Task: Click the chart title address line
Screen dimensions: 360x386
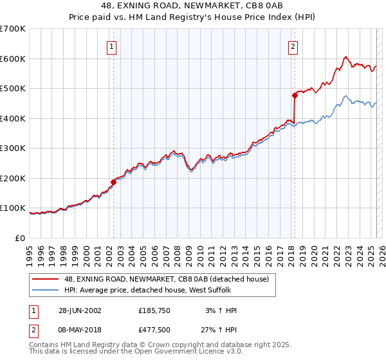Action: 193,5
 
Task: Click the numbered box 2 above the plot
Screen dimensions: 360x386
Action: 293,46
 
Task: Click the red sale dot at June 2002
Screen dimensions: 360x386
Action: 113,182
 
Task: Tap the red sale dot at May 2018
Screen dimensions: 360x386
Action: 295,95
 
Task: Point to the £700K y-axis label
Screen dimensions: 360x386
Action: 13,29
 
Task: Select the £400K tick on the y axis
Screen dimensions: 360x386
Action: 13,118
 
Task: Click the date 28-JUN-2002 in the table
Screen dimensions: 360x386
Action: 80,310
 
